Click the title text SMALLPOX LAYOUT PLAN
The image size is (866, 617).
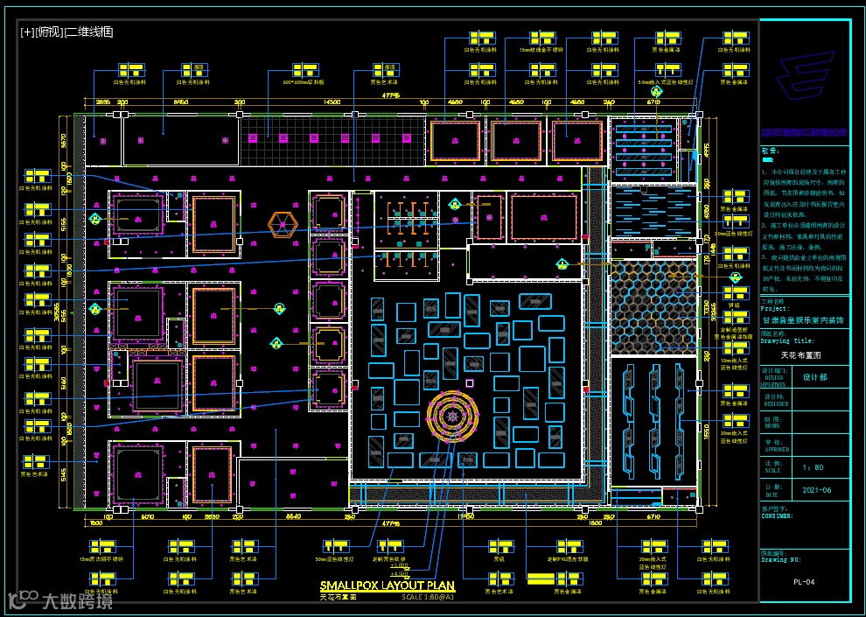pyautogui.click(x=387, y=585)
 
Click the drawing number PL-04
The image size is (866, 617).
pyautogui.click(x=804, y=581)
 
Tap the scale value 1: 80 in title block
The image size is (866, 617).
pyautogui.click(x=813, y=467)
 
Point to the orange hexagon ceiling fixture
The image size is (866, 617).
pyautogui.click(x=282, y=225)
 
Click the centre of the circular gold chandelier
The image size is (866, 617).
pyautogui.click(x=453, y=416)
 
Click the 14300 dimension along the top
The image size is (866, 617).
pyautogui.click(x=332, y=102)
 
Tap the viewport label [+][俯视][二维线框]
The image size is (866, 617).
pyautogui.click(x=66, y=32)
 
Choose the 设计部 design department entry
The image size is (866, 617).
pyautogui.click(x=814, y=377)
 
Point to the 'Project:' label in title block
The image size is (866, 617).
pyautogui.click(x=775, y=309)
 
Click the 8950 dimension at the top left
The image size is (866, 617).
pyautogui.click(x=181, y=102)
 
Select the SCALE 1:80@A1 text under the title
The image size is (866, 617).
pyautogui.click(x=428, y=597)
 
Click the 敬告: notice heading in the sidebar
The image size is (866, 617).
pyautogui.click(x=769, y=151)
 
